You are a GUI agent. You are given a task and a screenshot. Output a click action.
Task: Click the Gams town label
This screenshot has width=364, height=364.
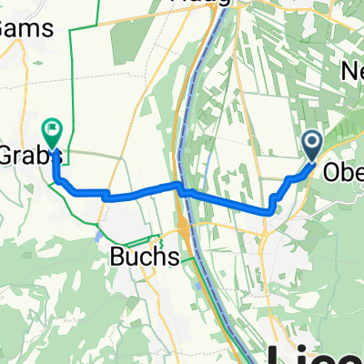[17, 27]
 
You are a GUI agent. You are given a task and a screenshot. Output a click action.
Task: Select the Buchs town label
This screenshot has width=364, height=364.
[140, 258]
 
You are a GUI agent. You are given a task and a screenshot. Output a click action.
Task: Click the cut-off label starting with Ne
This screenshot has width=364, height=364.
[350, 71]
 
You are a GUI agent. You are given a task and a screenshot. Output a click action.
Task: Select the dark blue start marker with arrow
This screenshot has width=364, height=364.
[312, 143]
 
